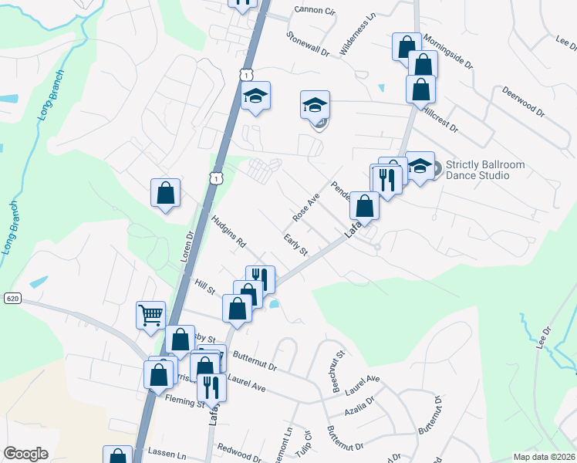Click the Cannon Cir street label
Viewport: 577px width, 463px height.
click(x=315, y=11)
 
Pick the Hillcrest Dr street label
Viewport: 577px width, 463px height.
click(x=440, y=119)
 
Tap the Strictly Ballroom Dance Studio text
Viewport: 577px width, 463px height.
click(x=477, y=170)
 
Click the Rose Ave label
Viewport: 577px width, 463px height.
click(x=306, y=205)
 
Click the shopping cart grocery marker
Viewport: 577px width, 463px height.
click(x=150, y=314)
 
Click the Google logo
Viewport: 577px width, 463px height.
click(x=26, y=454)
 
